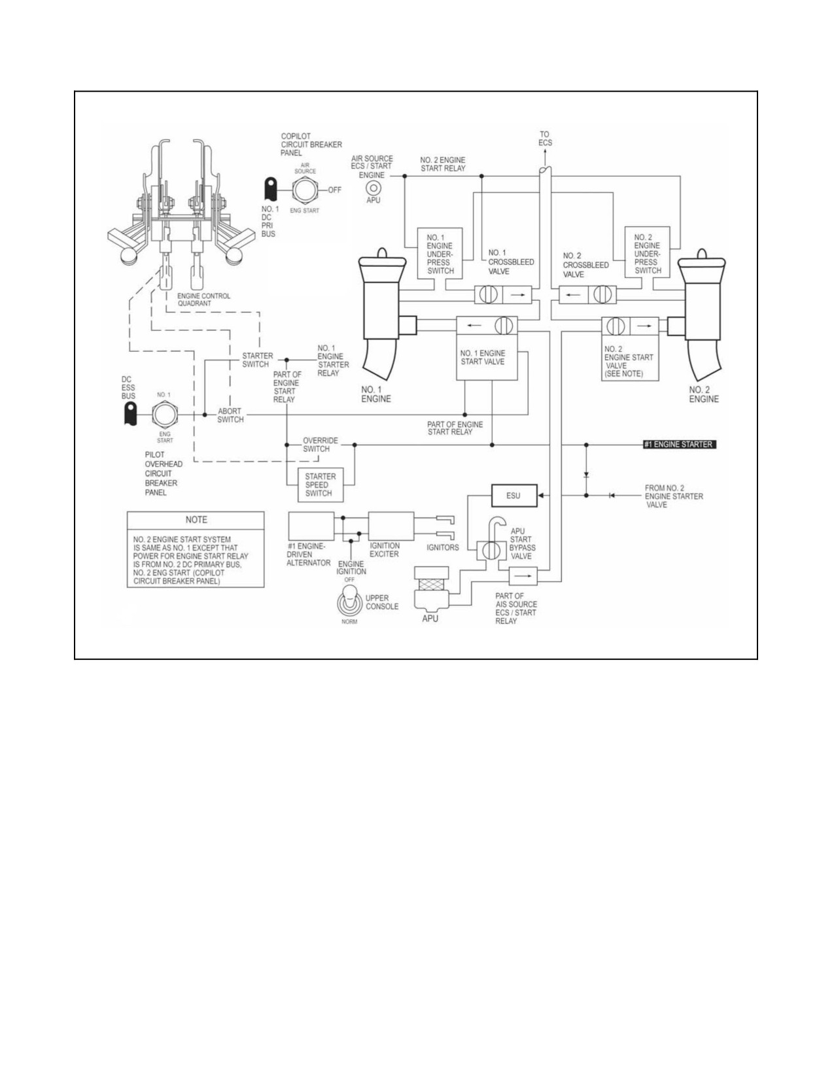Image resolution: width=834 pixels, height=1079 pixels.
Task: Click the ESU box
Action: click(x=514, y=496)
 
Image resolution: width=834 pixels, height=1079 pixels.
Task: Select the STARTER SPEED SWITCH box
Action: click(x=321, y=485)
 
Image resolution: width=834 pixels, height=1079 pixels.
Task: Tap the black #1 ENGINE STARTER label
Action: click(x=680, y=445)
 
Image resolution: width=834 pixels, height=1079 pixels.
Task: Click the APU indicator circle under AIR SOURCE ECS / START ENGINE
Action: click(x=373, y=188)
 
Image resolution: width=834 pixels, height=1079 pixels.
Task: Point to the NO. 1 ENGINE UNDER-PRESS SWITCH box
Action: click(x=440, y=253)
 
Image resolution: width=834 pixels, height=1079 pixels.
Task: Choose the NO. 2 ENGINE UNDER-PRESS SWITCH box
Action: click(x=647, y=252)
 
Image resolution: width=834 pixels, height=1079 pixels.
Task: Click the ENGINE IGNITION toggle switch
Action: click(x=349, y=602)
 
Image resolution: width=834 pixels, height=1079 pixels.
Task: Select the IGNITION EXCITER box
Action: click(x=391, y=526)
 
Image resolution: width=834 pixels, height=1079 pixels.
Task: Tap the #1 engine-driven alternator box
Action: click(x=311, y=526)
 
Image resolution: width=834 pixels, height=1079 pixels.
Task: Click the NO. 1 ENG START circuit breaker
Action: click(x=164, y=415)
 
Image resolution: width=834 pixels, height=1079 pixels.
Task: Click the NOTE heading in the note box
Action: click(x=196, y=520)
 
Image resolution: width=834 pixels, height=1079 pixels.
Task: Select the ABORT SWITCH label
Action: click(x=230, y=415)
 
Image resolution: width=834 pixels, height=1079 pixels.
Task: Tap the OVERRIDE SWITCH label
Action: click(x=320, y=445)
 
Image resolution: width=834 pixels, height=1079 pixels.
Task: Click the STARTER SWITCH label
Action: click(x=257, y=360)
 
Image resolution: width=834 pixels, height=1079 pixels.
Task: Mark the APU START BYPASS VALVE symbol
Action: click(x=488, y=551)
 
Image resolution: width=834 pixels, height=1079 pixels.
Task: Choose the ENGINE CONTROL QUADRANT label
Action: click(x=203, y=300)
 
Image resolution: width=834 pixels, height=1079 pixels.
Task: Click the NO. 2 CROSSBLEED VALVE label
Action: click(x=585, y=265)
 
